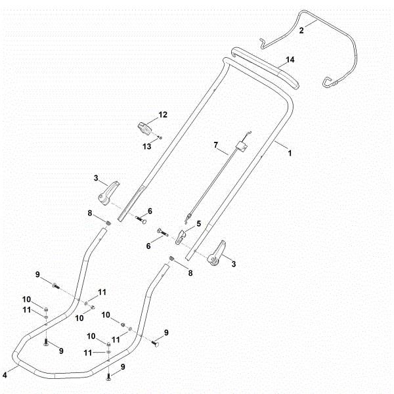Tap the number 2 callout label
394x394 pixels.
[301, 30]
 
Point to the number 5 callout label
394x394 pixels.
[199, 223]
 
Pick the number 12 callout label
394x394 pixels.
[163, 114]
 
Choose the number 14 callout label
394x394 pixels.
[290, 59]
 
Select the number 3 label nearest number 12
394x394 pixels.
[96, 178]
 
